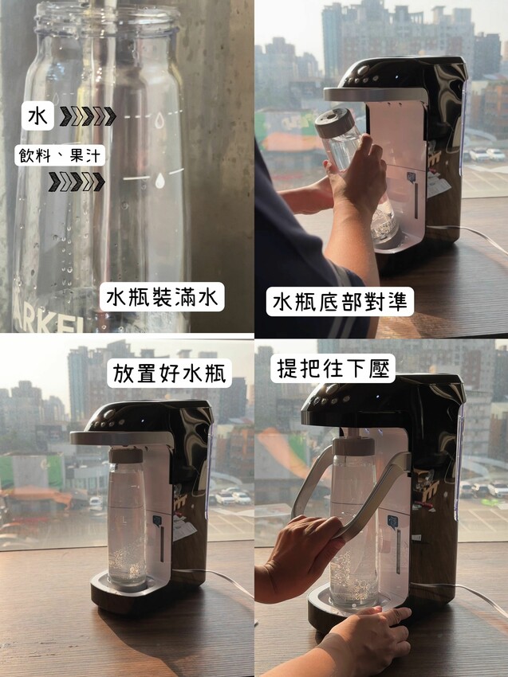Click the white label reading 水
click(x=37, y=115)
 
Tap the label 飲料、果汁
click(x=60, y=155)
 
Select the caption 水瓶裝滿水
click(x=162, y=297)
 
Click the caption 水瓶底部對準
click(x=340, y=302)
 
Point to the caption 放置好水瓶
click(x=170, y=373)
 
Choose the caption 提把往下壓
click(x=333, y=368)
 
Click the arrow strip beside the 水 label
click(x=88, y=116)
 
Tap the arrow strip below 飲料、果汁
click(x=77, y=182)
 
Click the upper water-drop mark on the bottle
click(x=159, y=120)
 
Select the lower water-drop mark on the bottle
click(x=160, y=181)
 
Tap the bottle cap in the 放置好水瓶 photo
click(x=126, y=456)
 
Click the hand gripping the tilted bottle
click(x=356, y=175)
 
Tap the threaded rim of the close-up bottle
click(x=107, y=19)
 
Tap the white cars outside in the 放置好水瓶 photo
click(x=233, y=497)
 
